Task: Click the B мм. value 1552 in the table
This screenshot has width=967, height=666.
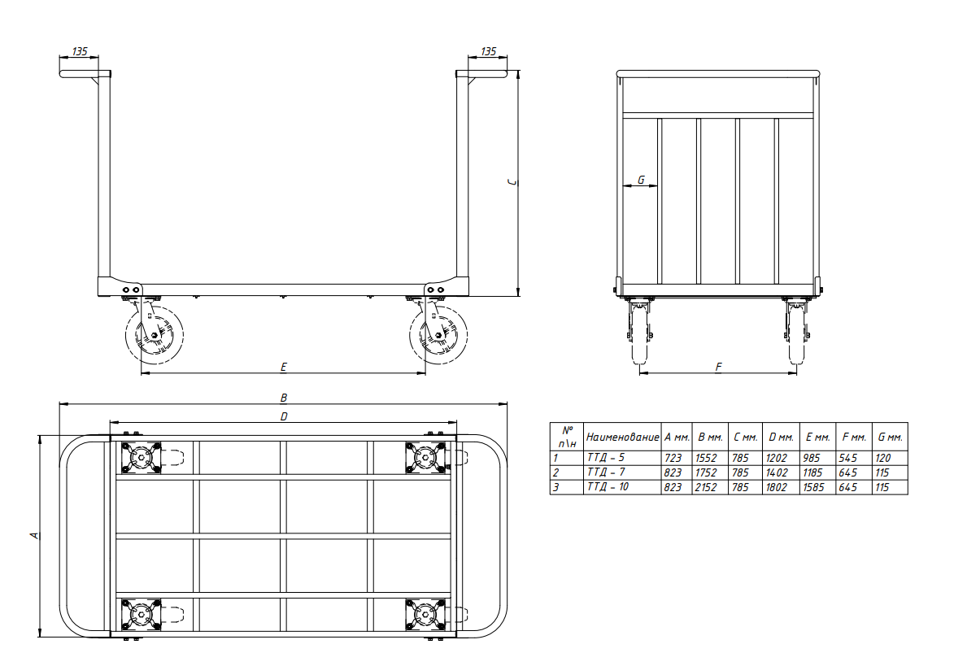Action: click(x=706, y=458)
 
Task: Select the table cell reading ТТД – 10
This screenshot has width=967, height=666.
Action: click(x=608, y=487)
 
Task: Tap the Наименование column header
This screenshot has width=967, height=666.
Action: click(x=622, y=437)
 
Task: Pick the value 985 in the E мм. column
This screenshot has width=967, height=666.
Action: click(x=812, y=458)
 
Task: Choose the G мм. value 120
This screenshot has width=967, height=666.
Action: click(x=883, y=458)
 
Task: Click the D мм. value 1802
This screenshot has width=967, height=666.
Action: click(x=777, y=487)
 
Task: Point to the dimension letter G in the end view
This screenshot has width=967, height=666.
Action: click(x=641, y=180)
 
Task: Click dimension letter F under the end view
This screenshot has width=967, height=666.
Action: click(x=718, y=368)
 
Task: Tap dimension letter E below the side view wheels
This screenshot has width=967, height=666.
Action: click(x=284, y=368)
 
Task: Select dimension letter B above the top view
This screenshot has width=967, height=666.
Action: click(x=284, y=398)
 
